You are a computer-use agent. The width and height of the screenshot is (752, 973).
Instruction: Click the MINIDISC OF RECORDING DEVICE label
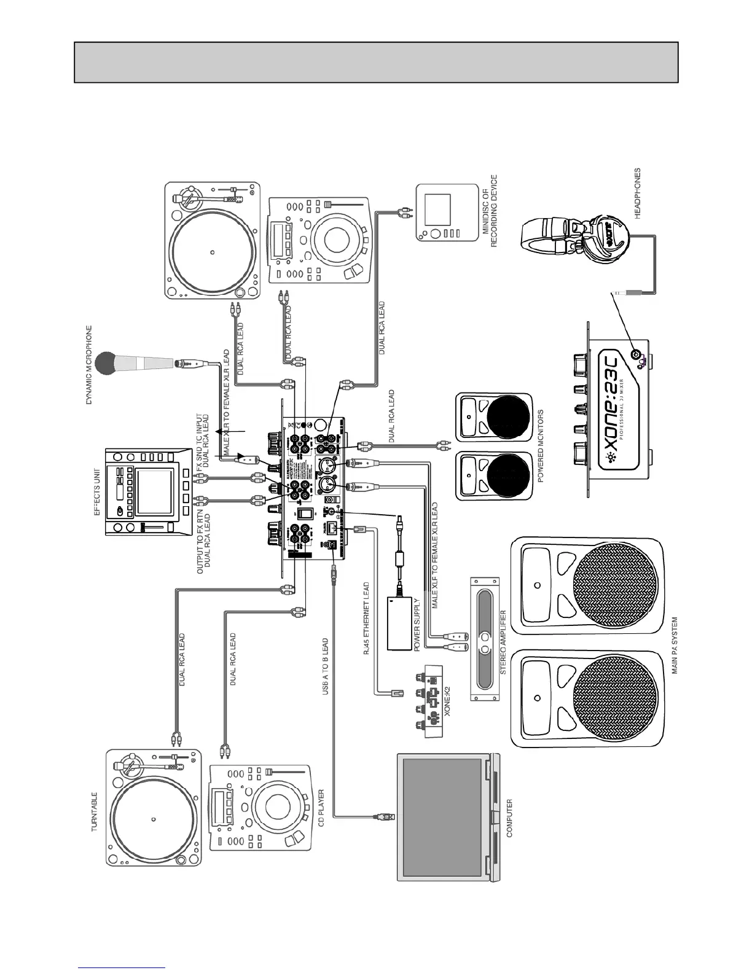[489, 211]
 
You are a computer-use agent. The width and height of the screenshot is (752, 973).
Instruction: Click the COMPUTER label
[509, 818]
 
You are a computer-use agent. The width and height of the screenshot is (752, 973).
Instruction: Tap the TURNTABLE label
[96, 811]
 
